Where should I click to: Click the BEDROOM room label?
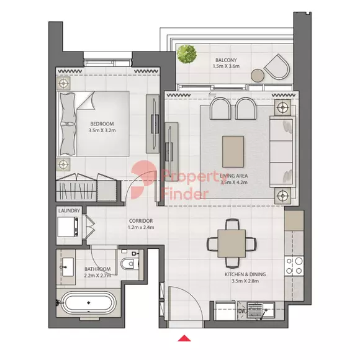point(102,124)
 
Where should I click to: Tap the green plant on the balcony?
point(186,54)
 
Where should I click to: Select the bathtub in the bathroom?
point(88,303)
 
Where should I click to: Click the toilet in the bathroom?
point(128,264)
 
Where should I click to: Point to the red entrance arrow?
point(184,338)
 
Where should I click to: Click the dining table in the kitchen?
point(232,243)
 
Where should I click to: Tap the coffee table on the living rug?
point(233,151)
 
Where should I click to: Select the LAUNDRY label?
point(69,210)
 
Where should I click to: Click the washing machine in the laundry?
point(68,227)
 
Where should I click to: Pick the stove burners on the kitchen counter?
point(294,266)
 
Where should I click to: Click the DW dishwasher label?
point(242,311)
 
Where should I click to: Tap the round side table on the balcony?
point(258,76)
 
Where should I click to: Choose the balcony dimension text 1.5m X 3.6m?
point(226,66)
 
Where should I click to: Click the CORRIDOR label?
point(141,221)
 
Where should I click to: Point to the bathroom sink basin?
point(68,267)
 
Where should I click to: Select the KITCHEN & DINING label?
point(245,274)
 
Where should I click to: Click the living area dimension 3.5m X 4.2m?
point(234,182)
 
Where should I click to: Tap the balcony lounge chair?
point(277,67)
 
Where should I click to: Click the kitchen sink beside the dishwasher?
point(261,310)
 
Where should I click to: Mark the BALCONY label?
point(226,60)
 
